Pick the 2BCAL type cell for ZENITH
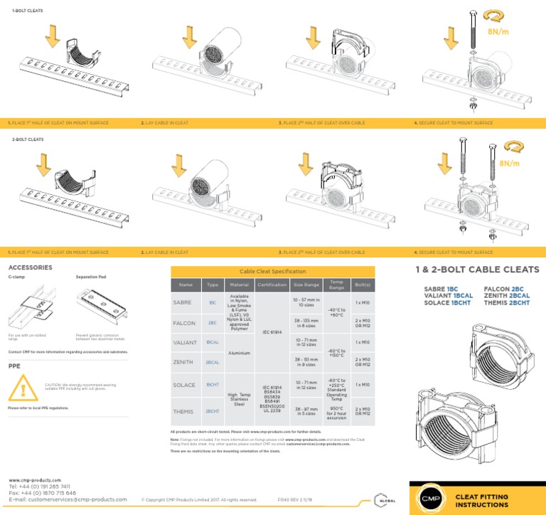[x=212, y=363]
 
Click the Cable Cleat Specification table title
[x=273, y=271]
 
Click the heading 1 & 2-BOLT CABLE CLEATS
[x=477, y=270]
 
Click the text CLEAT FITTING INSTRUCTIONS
[x=481, y=499]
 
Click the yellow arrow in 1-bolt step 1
[x=52, y=35]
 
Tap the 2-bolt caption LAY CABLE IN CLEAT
[x=166, y=253]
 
